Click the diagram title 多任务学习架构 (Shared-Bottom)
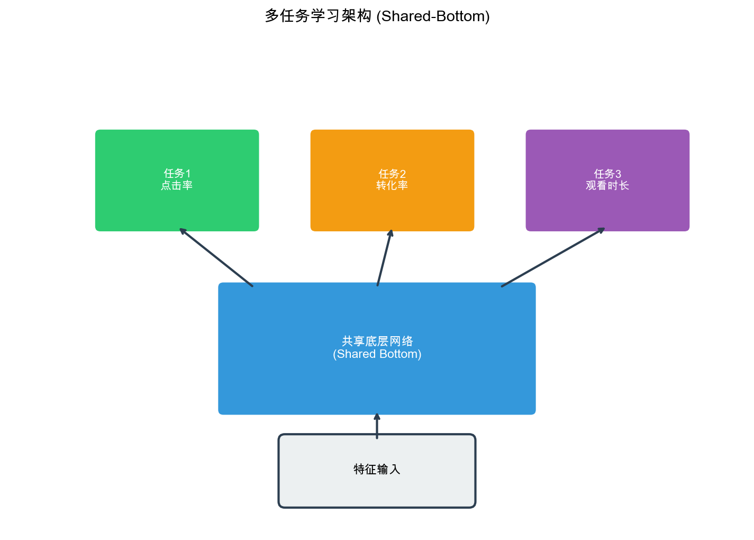[377, 16]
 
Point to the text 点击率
[177, 186]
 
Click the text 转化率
[392, 186]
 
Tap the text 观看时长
[607, 186]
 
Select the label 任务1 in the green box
[177, 173]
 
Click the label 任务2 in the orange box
[392, 174]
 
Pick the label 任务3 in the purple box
[607, 174]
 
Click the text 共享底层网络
[377, 341]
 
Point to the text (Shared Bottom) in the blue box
[377, 354]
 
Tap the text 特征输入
[377, 470]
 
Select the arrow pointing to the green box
[216, 257]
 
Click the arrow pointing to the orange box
[384, 258]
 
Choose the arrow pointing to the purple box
[553, 257]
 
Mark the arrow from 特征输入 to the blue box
[377, 426]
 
